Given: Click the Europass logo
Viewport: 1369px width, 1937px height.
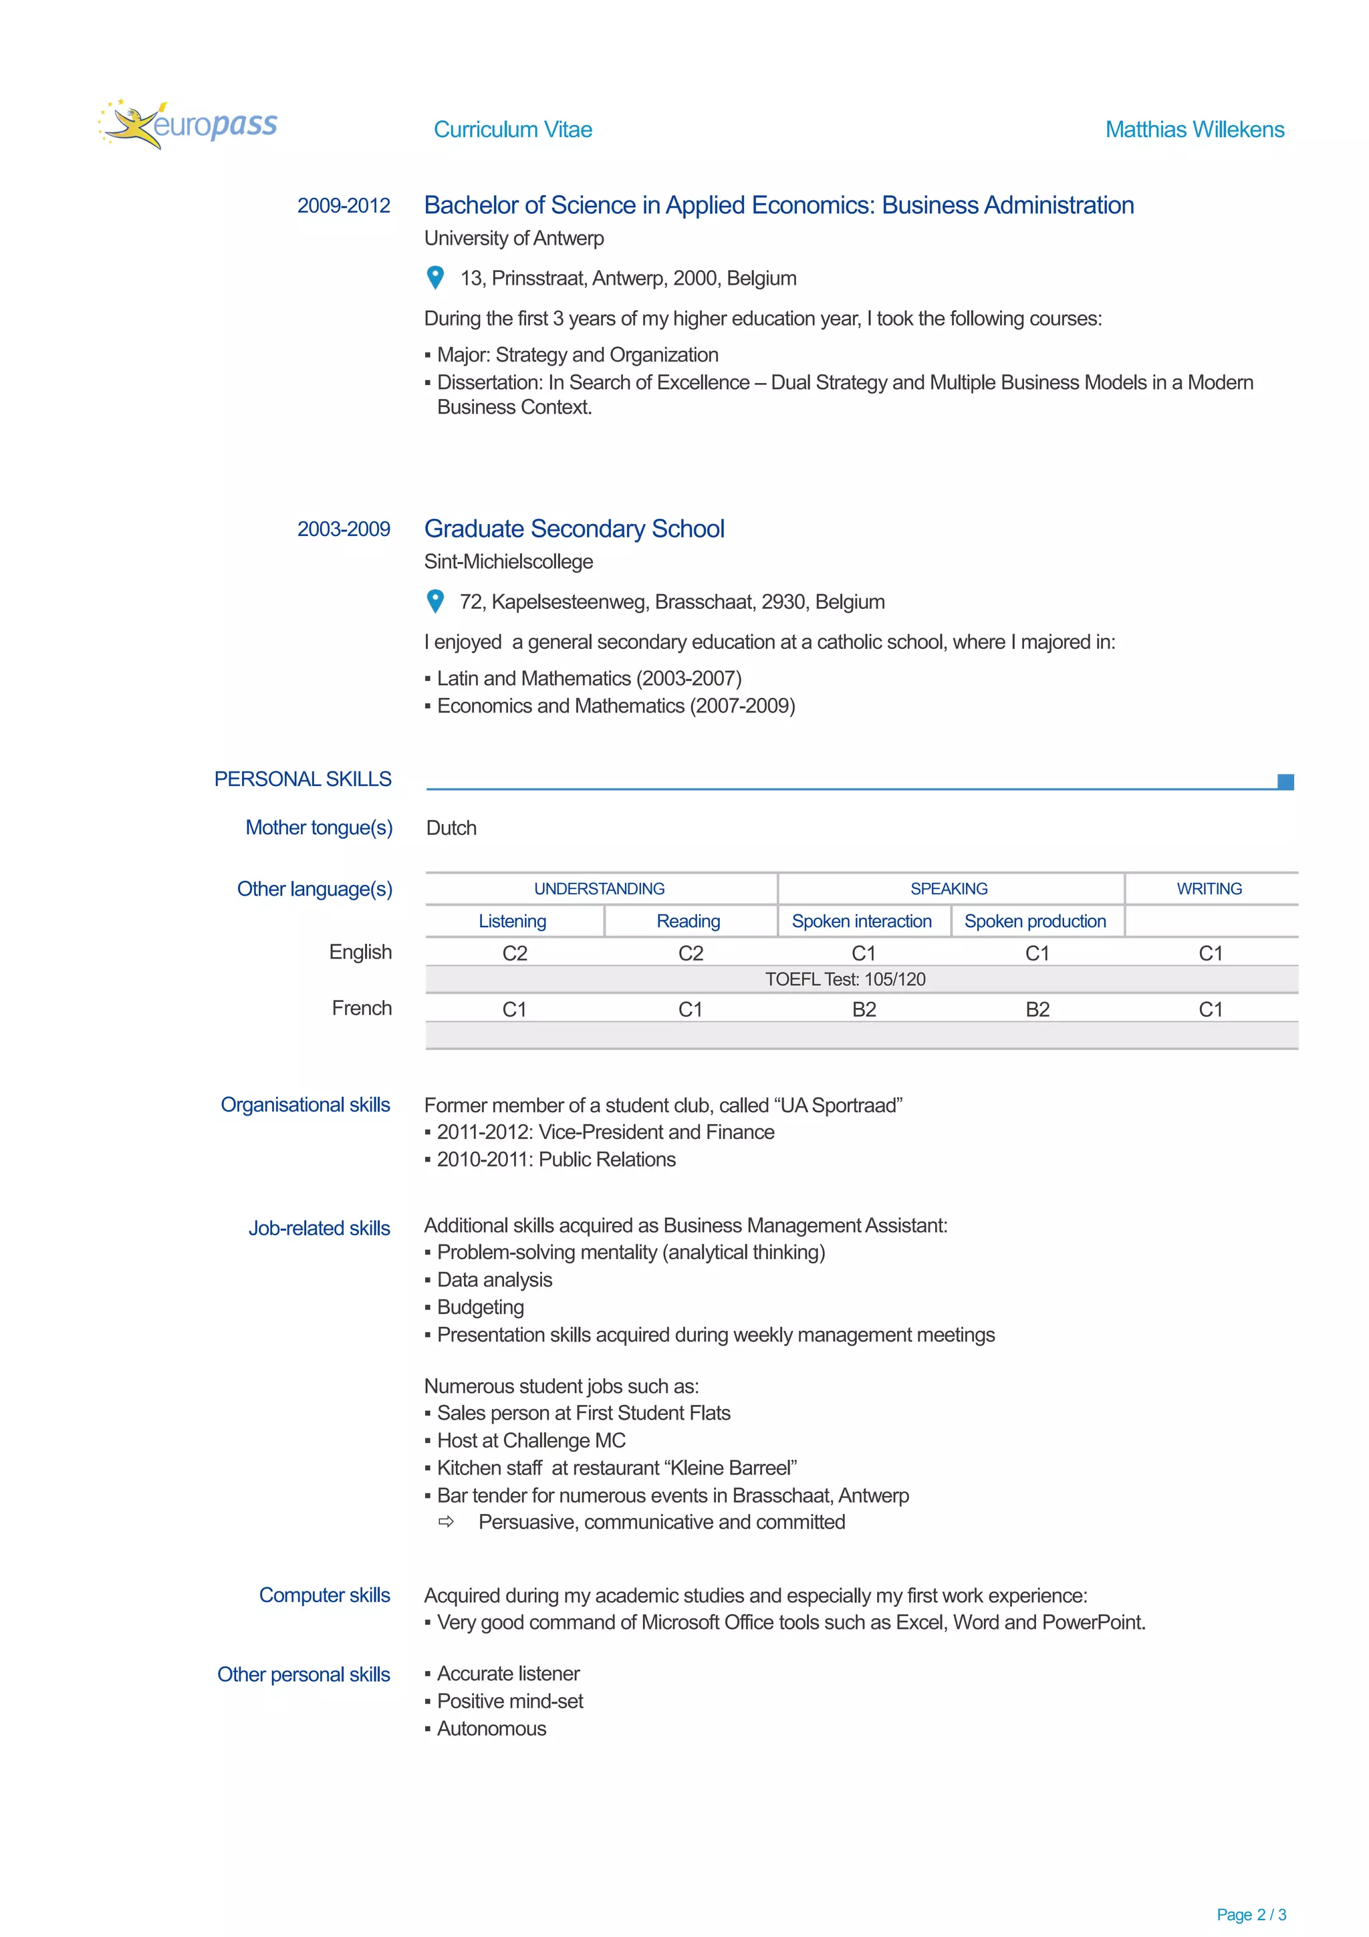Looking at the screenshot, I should click(187, 124).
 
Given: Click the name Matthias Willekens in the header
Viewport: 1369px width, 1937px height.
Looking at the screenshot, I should click(1194, 129).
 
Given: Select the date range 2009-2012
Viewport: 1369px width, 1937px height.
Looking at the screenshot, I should click(344, 205).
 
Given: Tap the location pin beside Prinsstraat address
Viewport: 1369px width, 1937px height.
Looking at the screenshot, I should click(435, 277).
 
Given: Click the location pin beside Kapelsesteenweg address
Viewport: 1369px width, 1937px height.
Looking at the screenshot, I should click(435, 601).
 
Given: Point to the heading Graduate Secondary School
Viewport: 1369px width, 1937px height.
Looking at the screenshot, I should click(574, 528).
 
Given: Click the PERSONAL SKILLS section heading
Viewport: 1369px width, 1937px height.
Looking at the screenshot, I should click(303, 779).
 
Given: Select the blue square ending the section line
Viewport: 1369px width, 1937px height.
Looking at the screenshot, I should click(1285, 782).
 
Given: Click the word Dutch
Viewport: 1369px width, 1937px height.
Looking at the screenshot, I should click(451, 827).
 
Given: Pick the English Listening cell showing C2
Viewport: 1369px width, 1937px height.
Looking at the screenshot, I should click(515, 953).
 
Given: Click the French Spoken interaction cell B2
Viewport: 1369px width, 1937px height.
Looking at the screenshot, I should click(864, 1009).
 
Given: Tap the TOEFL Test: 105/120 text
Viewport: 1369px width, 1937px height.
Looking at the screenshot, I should click(844, 979).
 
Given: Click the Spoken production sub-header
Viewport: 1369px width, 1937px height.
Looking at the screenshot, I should click(1035, 921).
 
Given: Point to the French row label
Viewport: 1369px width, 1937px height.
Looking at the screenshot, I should click(361, 1008).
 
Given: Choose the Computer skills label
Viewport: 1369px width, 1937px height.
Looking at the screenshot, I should click(324, 1595).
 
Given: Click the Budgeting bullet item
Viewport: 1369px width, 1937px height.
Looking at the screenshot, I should click(480, 1307).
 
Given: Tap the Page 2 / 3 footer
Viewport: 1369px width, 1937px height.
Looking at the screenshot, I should click(1250, 1914).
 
